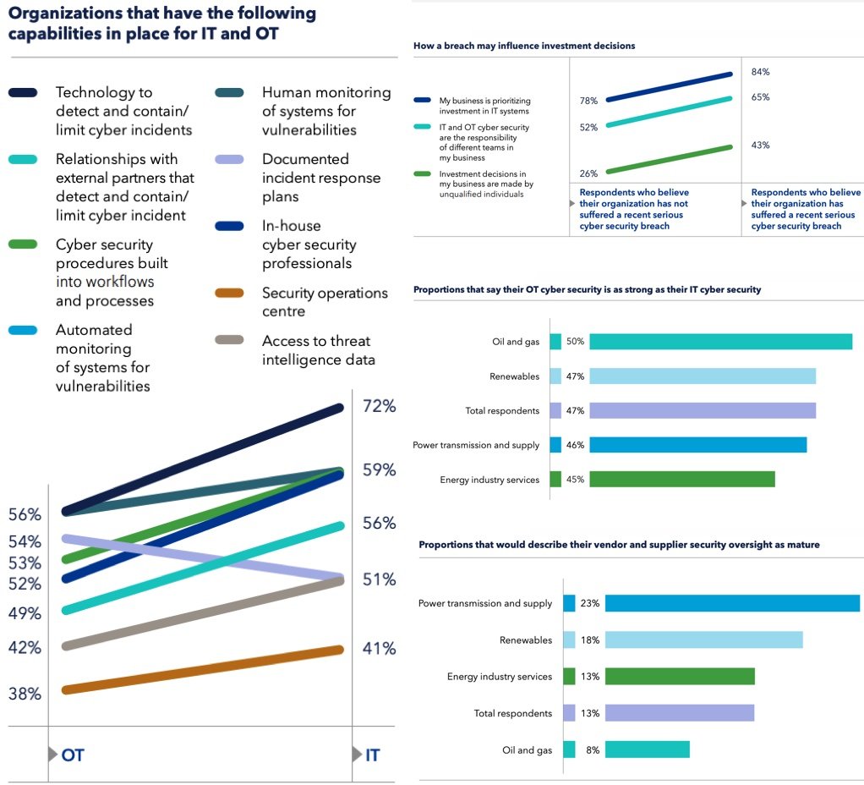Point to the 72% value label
click(379, 406)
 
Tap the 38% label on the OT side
click(25, 694)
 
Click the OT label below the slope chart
click(73, 755)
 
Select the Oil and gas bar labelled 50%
click(720, 342)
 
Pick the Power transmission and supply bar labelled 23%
click(732, 603)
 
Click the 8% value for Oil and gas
click(592, 749)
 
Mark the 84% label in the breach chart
click(760, 72)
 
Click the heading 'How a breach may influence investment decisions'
click(524, 46)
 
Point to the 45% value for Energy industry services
click(576, 480)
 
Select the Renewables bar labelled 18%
click(703, 640)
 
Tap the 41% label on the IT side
click(379, 649)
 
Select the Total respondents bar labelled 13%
click(680, 713)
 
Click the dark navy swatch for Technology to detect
click(23, 92)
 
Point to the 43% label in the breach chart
click(760, 145)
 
